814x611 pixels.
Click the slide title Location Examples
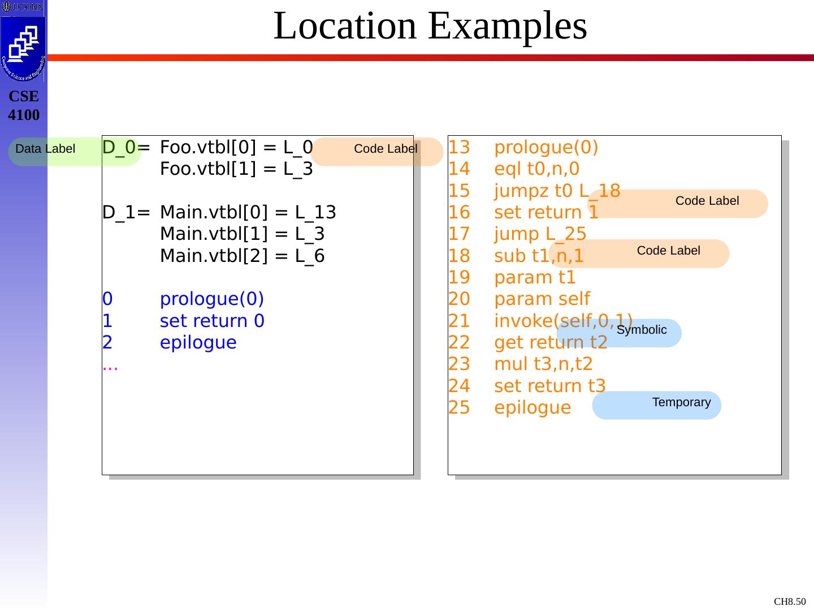click(430, 26)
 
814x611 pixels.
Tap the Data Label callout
click(45, 149)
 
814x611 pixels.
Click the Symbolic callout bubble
click(641, 330)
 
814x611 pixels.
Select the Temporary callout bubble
click(681, 403)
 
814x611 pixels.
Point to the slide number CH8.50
click(790, 601)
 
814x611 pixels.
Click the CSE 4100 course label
click(24, 106)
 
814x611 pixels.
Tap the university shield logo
click(23, 48)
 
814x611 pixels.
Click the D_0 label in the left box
click(119, 148)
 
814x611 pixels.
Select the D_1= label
click(126, 213)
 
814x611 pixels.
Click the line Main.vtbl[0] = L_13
click(248, 213)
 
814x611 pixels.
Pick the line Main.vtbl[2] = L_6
click(242, 256)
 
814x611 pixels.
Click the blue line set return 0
click(212, 321)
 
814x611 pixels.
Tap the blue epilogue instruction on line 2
click(198, 343)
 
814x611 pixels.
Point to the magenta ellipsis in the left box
click(110, 367)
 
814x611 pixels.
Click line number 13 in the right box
click(459, 148)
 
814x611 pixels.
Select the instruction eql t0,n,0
click(536, 169)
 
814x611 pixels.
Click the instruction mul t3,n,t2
click(543, 364)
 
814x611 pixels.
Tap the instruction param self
click(542, 299)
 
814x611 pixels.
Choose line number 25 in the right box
click(459, 408)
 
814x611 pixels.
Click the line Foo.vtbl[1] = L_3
click(236, 169)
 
